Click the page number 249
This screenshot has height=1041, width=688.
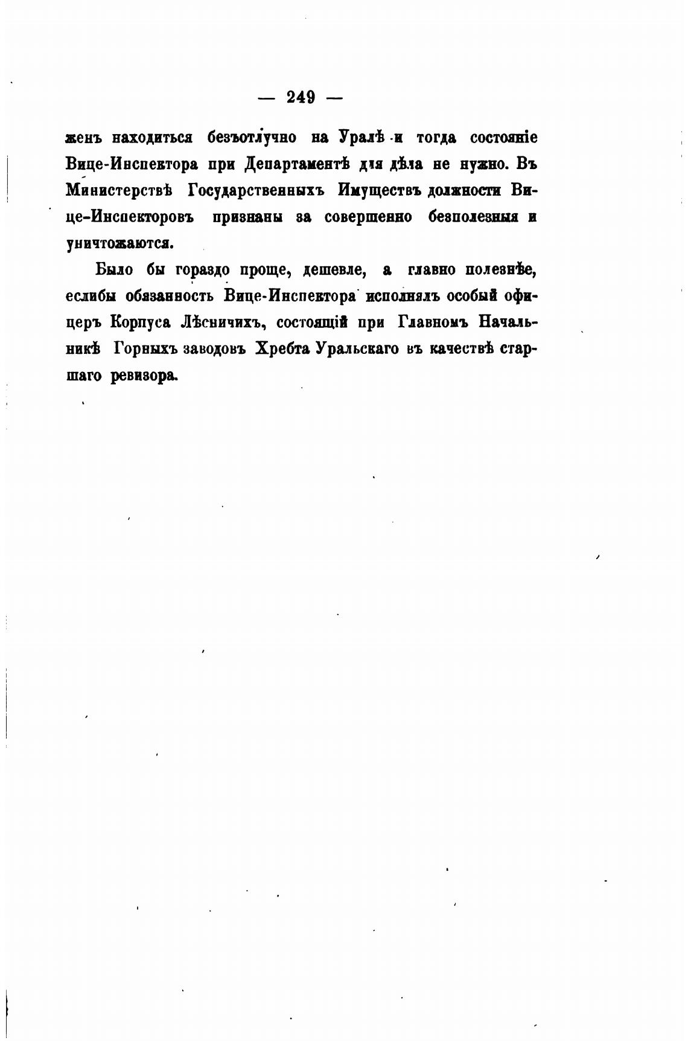pyautogui.click(x=300, y=97)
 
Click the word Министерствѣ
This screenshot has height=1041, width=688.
pyautogui.click(x=119, y=191)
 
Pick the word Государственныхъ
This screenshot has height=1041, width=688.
pyautogui.click(x=256, y=191)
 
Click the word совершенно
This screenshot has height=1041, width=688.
pyautogui.click(x=368, y=217)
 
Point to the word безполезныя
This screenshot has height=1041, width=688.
pyautogui.click(x=473, y=217)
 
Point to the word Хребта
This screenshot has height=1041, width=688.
pyautogui.click(x=281, y=350)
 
